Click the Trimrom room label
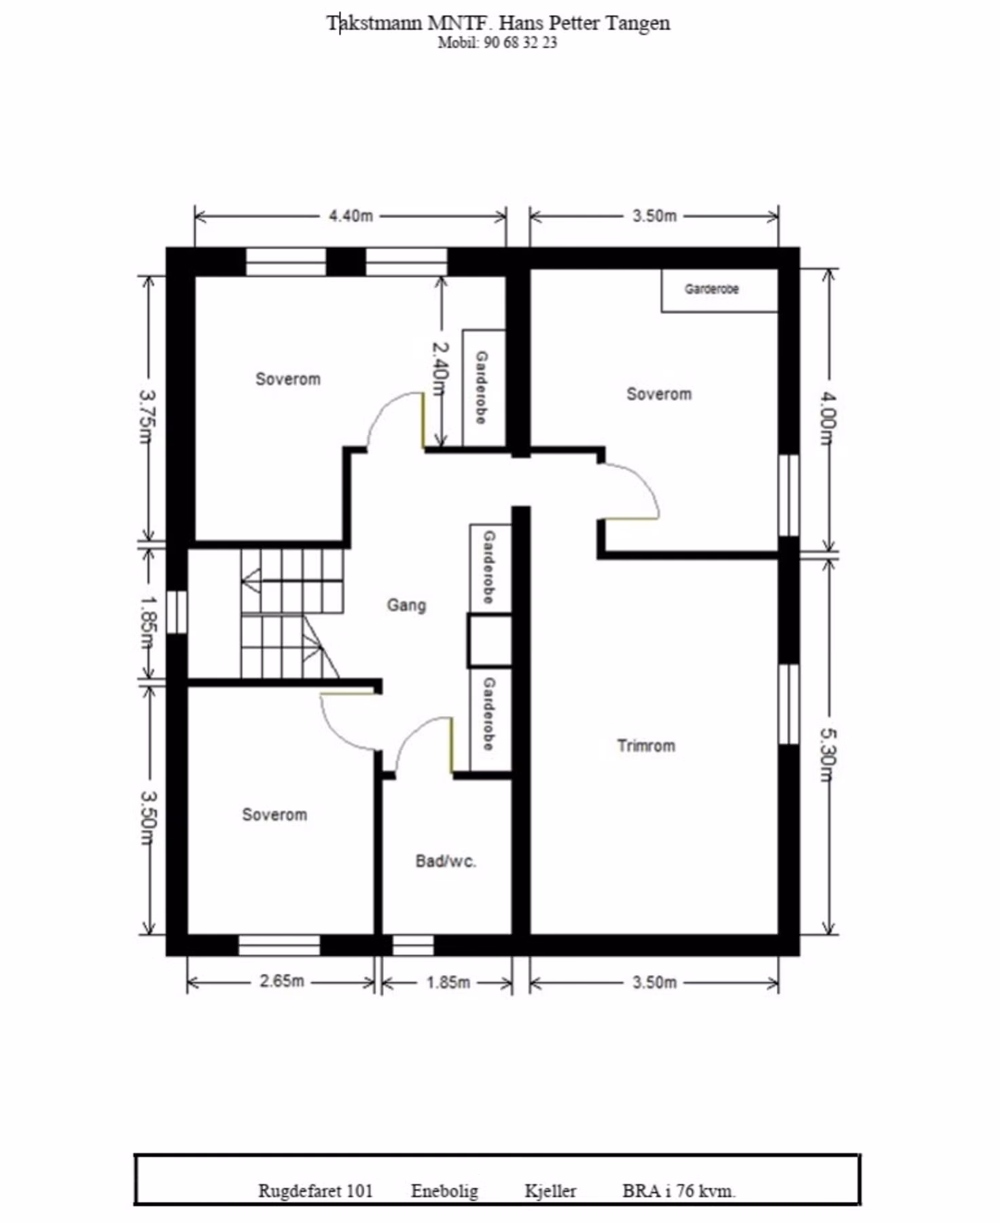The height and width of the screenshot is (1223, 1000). click(646, 745)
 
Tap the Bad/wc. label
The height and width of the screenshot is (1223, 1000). click(446, 861)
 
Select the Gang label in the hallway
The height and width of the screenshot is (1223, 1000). click(406, 605)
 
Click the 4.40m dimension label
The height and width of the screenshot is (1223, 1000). click(351, 216)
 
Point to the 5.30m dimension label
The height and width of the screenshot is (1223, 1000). click(828, 755)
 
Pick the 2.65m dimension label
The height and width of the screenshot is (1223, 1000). click(282, 981)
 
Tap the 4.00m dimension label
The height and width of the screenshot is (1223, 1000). click(828, 418)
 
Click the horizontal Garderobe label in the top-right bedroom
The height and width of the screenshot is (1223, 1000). click(711, 289)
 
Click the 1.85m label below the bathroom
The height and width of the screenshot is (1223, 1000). click(448, 982)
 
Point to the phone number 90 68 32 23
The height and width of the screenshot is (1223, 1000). click(520, 42)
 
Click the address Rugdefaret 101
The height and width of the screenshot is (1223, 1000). click(315, 1190)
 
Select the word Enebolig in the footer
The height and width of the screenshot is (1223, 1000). click(444, 1191)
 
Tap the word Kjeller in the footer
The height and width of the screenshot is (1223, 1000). click(550, 1191)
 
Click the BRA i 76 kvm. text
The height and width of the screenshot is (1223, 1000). click(679, 1190)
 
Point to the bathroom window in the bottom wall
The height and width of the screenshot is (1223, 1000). click(413, 945)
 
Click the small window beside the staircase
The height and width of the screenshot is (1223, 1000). click(177, 612)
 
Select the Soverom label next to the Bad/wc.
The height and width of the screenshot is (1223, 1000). click(274, 814)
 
